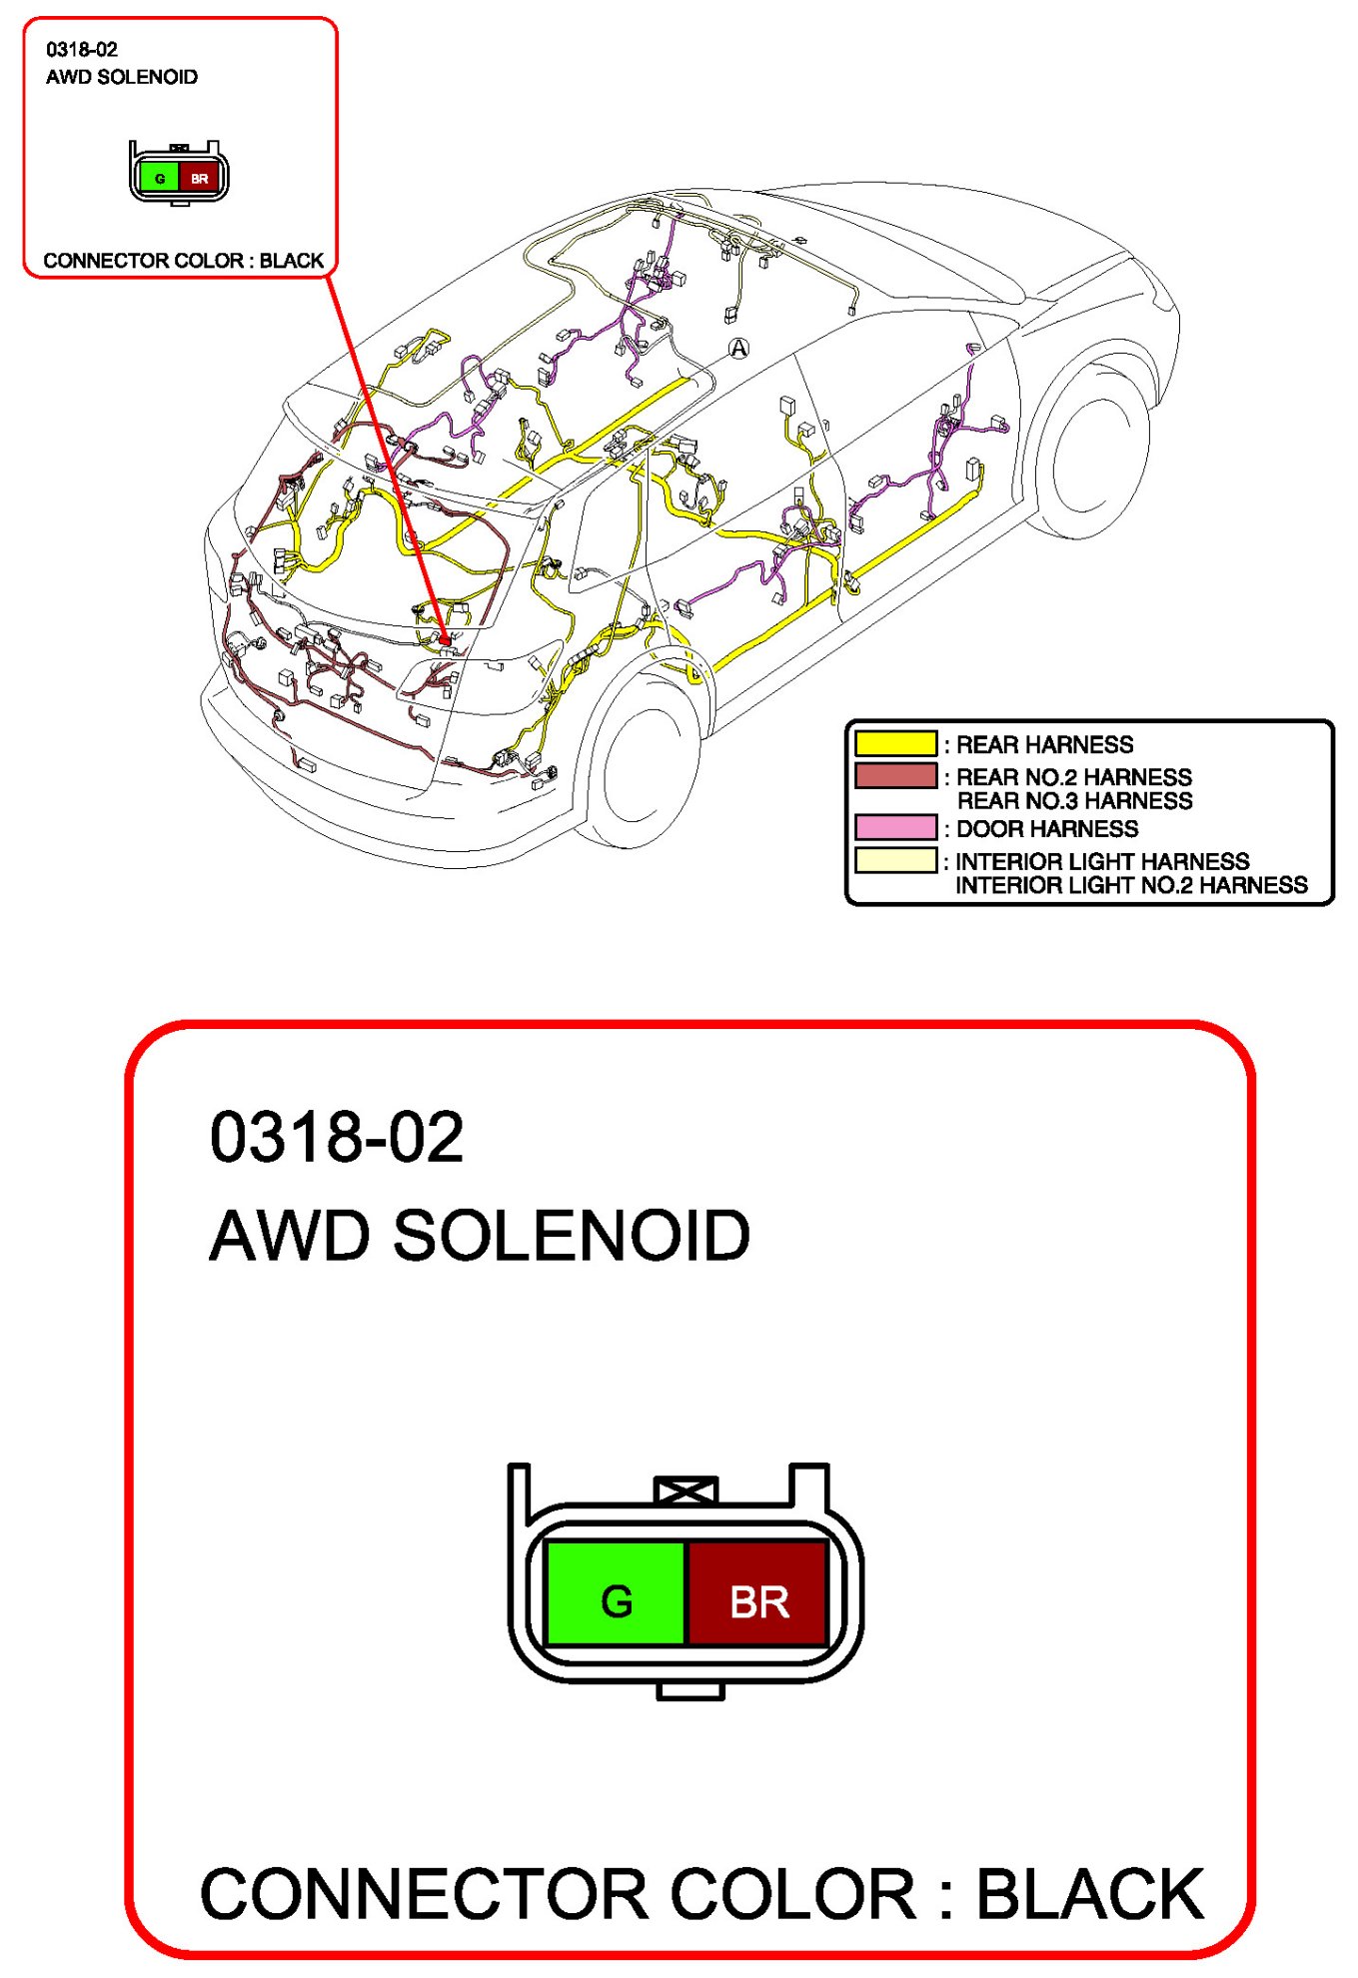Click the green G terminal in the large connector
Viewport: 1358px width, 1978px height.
[x=616, y=1592]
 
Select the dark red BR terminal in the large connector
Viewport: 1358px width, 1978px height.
[x=758, y=1592]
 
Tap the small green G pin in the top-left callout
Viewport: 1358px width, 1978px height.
[x=159, y=178]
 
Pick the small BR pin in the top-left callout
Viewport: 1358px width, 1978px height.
[x=200, y=178]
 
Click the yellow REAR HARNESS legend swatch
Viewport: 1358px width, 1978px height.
[x=895, y=744]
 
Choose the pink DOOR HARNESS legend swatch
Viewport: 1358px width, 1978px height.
[x=895, y=828]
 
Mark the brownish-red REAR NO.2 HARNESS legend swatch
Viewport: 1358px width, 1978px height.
[x=895, y=776]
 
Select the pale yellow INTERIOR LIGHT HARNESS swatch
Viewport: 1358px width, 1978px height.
[x=895, y=861]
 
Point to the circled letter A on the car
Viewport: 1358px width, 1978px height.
[x=738, y=348]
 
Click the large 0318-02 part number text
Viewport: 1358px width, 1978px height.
[x=337, y=1137]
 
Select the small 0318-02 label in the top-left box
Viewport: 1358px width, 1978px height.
[x=82, y=49]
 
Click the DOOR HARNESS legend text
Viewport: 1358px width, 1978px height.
[x=1047, y=829]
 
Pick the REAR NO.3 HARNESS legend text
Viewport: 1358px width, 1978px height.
[x=1074, y=801]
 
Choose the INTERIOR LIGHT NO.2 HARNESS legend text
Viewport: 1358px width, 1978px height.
[x=1131, y=885]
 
